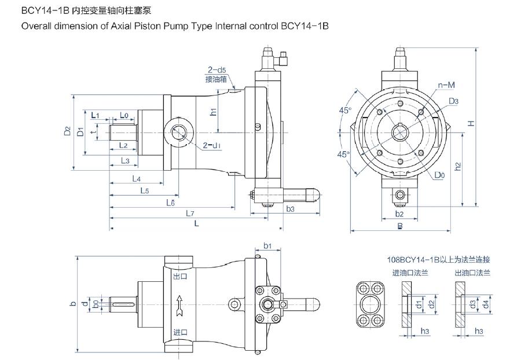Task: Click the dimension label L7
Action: pos(189,214)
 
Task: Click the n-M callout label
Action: pos(445,85)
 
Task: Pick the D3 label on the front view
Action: pos(453,101)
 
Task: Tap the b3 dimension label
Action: pos(290,208)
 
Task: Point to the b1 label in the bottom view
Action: pos(267,246)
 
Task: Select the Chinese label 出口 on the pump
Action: pos(181,277)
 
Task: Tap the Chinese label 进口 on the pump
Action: pos(181,332)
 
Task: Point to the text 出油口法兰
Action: pos(472,273)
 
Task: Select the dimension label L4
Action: pos(137,178)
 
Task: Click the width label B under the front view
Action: pos(399,227)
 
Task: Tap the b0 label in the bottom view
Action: pos(97,303)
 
